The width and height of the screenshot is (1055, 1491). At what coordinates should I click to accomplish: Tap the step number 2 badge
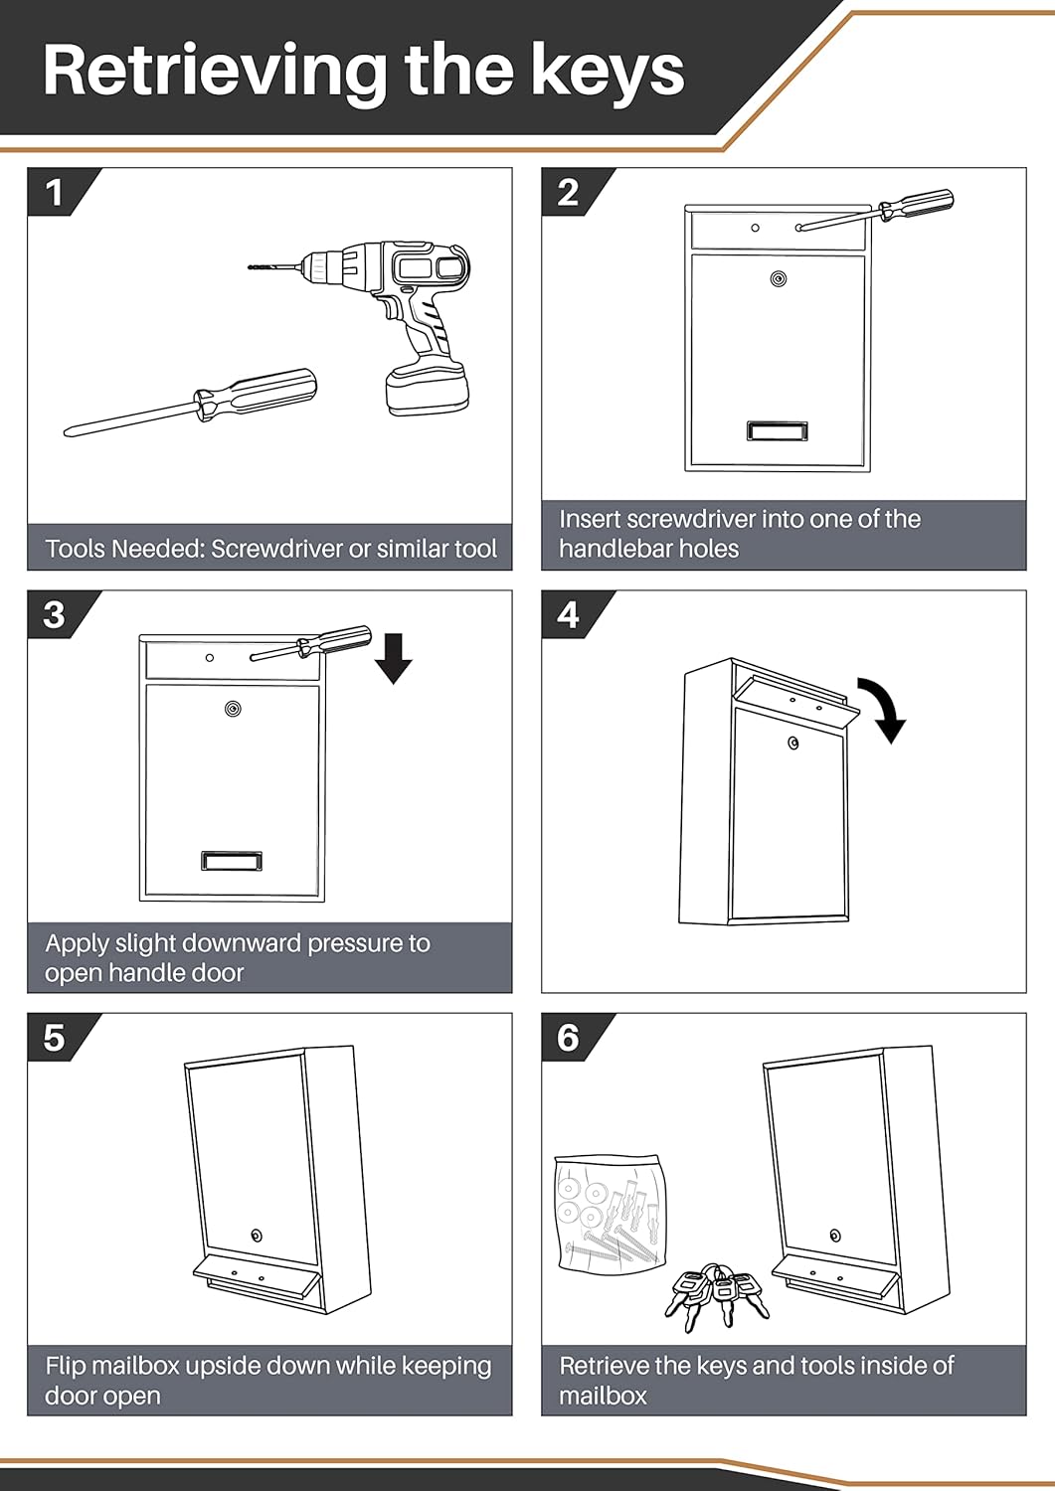568,192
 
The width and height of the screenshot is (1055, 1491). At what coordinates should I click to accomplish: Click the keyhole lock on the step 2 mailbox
778,278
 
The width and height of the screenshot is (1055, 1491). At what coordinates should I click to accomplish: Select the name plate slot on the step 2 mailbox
777,430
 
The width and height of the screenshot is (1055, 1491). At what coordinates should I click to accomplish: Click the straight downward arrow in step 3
394,658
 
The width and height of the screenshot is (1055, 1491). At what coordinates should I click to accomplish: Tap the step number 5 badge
54,1038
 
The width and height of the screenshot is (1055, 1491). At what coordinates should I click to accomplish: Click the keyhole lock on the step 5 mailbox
257,1236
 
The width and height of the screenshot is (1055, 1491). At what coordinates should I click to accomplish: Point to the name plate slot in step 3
232,861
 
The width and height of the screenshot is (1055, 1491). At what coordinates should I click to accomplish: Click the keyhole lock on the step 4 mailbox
792,743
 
